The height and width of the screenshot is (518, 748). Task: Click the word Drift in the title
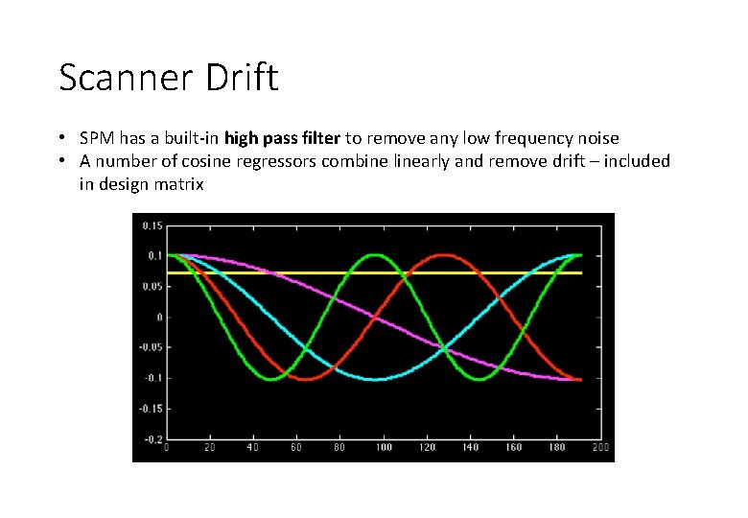[x=243, y=78]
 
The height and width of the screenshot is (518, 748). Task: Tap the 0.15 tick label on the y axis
[x=152, y=225]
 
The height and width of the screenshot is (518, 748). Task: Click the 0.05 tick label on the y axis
[x=152, y=287]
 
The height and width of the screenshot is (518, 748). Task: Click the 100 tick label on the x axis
[x=384, y=448]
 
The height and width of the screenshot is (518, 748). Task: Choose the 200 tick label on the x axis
[x=600, y=448]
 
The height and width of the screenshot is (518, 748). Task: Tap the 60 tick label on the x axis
[x=296, y=448]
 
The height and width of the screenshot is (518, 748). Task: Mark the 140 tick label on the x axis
[x=470, y=448]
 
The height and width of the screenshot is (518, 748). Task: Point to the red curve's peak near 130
[x=444, y=255]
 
